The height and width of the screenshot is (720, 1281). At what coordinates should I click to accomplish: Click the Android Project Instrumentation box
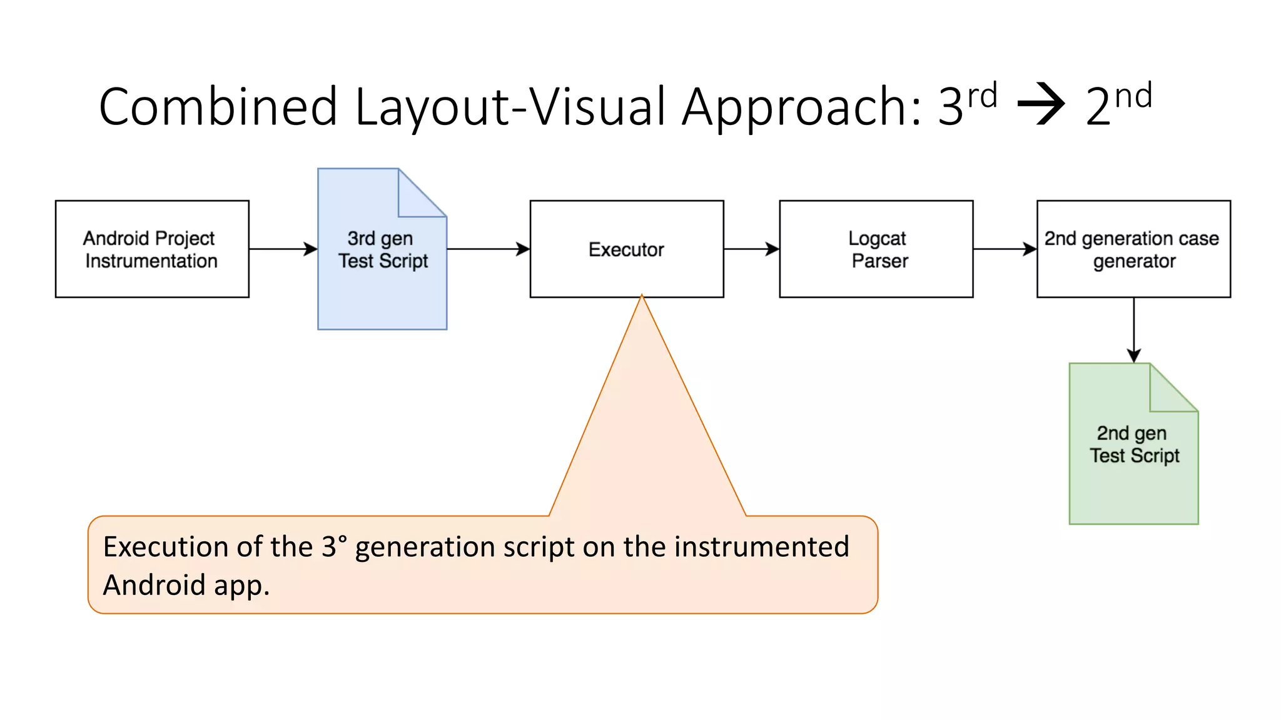tap(152, 249)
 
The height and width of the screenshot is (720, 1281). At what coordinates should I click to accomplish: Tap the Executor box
tap(626, 249)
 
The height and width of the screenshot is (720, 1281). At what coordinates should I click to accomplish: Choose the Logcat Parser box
tap(876, 249)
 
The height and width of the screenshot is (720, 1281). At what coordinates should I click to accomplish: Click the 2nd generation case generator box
tap(1133, 249)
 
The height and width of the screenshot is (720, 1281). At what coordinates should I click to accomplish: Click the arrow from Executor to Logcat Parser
tap(751, 249)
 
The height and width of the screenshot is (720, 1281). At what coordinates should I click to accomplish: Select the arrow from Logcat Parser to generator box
tap(1005, 249)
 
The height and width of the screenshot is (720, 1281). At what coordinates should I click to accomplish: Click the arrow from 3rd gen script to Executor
tap(488, 249)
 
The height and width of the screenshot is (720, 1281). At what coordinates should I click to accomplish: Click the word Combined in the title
tap(218, 106)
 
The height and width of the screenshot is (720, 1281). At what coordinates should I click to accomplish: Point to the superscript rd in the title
tap(982, 96)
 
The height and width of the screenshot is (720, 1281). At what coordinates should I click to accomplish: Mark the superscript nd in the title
tap(1133, 96)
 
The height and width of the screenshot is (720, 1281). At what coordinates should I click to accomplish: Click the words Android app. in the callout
tap(186, 585)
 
